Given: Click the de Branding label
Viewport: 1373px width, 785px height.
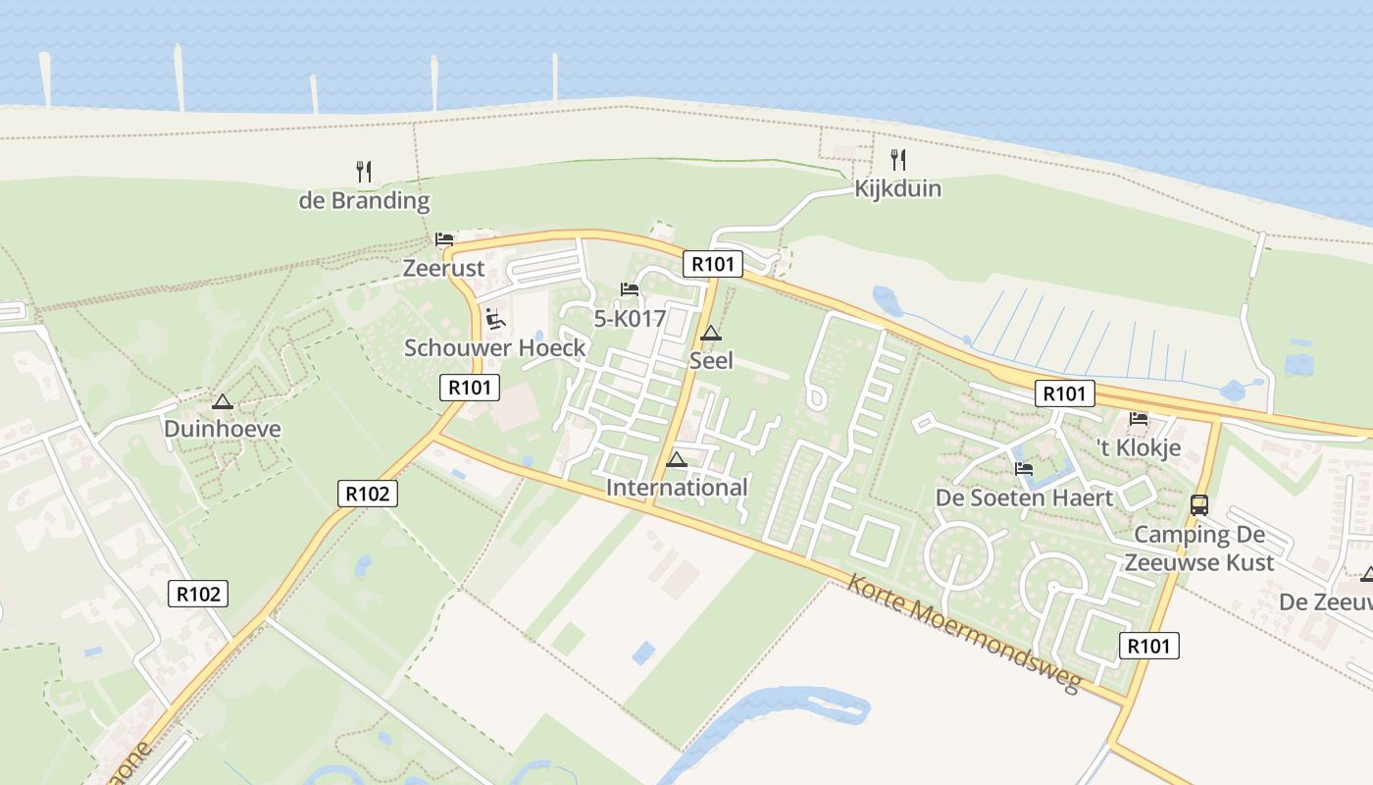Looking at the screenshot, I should (364, 201).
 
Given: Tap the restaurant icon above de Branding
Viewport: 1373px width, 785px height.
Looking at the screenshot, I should (364, 172).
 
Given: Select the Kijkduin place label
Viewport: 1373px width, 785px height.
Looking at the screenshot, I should (897, 188).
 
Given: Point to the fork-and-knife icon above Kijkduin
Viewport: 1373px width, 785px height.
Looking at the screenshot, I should (897, 159).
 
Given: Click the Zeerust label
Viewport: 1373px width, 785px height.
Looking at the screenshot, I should (444, 268).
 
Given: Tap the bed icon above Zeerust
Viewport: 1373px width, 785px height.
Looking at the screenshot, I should (444, 239).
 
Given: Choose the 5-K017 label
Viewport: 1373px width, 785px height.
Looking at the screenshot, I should (630, 319).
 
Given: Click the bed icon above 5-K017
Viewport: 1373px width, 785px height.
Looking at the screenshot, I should (630, 289).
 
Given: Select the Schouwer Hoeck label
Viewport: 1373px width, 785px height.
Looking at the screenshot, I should (495, 347).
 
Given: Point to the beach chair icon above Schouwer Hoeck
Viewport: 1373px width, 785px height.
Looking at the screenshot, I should (495, 319).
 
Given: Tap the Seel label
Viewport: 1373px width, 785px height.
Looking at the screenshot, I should (711, 360).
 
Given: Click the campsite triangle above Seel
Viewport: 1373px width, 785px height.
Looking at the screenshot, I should (711, 333).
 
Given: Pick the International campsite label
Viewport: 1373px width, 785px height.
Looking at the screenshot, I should (677, 488).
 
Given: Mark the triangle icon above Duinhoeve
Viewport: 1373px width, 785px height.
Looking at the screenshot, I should (223, 401).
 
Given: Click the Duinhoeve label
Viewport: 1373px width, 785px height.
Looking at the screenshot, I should (223, 429).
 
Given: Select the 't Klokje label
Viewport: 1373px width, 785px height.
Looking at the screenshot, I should (1139, 448).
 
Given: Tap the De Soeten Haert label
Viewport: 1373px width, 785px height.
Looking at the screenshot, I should (1024, 497).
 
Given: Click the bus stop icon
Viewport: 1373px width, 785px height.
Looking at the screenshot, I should (1198, 505).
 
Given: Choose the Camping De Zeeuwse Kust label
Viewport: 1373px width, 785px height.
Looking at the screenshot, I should (1199, 549).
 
